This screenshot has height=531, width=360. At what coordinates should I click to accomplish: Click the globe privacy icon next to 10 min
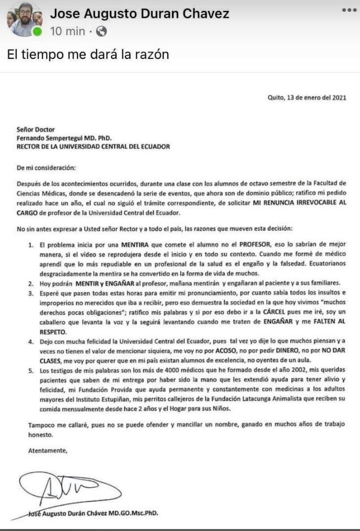102,32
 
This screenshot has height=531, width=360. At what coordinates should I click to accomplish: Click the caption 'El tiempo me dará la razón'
88,54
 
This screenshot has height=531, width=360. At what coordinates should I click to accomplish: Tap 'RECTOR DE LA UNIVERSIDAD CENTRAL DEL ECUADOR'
93,146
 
